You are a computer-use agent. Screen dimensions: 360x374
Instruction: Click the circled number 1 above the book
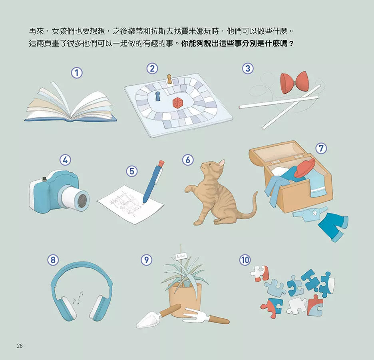(x=77, y=73)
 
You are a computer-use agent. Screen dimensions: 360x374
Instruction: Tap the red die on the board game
(x=177, y=102)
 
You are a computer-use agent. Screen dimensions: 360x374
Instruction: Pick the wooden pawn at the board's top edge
(x=169, y=79)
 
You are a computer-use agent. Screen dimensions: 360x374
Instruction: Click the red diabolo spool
(x=294, y=83)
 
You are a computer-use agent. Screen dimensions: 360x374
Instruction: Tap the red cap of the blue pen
(x=161, y=164)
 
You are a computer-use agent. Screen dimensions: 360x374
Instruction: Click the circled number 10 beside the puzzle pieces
(x=245, y=260)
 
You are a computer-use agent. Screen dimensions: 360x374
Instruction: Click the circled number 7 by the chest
(x=320, y=148)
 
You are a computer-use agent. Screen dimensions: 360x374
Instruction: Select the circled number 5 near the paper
(x=132, y=171)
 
